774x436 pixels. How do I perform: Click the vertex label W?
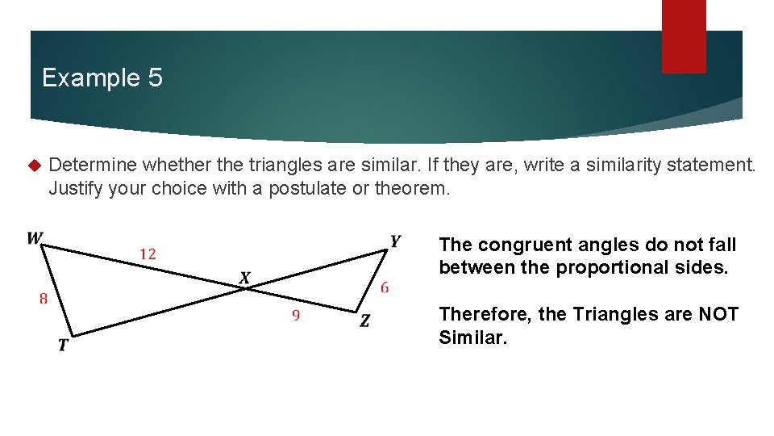35,238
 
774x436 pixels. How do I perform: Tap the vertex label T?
63,346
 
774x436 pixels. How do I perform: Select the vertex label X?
245,279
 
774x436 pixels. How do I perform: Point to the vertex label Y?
395,241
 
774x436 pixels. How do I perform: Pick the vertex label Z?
365,321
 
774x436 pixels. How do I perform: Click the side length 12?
148,254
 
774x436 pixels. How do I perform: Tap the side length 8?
43,299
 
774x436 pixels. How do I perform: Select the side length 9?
296,316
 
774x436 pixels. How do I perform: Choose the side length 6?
385,287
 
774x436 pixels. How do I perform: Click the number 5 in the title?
155,78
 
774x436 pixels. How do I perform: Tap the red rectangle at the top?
683,36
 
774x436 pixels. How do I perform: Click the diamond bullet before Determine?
33,166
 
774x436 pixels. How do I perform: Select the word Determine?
94,166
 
